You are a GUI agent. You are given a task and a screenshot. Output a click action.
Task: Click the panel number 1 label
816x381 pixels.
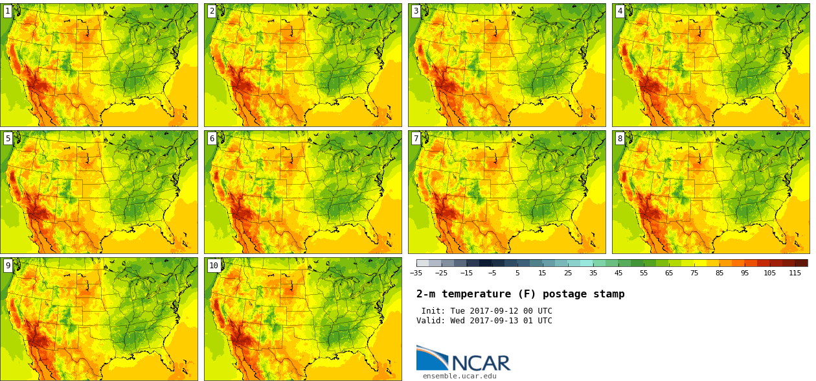click(8, 11)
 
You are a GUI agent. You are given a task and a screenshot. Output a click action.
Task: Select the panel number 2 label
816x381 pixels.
click(212, 11)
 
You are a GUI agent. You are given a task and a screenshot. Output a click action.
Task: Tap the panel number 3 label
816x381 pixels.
click(416, 11)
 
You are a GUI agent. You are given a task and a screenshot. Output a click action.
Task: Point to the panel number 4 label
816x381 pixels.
click(620, 11)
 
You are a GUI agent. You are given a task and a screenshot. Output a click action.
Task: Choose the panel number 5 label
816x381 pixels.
click(8, 138)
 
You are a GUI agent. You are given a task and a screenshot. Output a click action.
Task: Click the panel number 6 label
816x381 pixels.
click(212, 138)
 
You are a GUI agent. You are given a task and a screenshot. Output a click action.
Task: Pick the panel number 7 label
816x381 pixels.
click(416, 138)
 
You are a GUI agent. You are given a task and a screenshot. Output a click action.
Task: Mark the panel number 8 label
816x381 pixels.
click(620, 138)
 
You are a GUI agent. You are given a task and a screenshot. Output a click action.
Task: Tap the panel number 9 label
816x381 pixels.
click(8, 265)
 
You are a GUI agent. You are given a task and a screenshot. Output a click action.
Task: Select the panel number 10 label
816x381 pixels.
click(214, 265)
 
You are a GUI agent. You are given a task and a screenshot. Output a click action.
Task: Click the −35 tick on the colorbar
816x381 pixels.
click(416, 273)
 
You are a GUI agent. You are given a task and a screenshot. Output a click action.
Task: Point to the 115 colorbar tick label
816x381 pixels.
click(795, 273)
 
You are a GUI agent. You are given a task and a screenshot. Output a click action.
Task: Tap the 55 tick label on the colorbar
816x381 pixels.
click(644, 273)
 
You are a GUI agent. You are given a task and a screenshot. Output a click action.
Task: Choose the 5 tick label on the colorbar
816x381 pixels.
click(517, 273)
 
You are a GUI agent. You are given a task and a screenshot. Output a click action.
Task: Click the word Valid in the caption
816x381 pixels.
click(429, 321)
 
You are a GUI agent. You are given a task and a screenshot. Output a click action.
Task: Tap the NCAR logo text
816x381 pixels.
click(481, 363)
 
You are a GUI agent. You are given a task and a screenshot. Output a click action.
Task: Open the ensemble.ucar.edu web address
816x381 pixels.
click(460, 376)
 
